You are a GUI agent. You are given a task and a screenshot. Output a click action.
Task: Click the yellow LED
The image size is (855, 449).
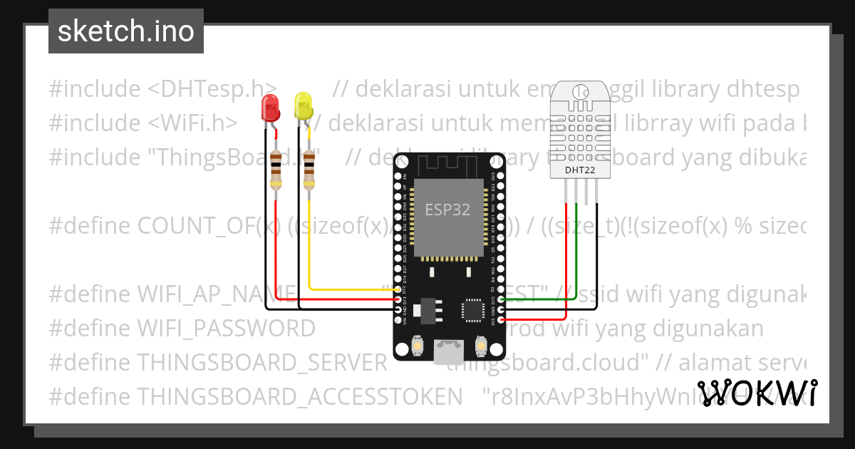tap(303, 106)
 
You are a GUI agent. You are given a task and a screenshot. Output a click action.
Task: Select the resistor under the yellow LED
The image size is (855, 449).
tap(309, 169)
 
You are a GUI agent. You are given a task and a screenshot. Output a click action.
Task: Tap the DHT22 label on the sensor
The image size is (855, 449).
tap(580, 170)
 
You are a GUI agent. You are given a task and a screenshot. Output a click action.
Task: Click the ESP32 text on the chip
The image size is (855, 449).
tap(447, 210)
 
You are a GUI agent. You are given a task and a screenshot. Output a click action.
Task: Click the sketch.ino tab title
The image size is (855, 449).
tap(125, 31)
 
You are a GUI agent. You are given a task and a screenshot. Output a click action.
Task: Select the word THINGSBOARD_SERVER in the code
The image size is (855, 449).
tap(261, 362)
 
